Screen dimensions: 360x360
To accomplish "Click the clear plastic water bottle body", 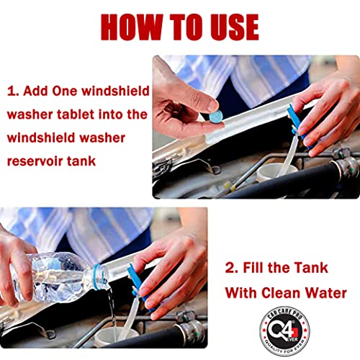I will click(54, 274).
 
